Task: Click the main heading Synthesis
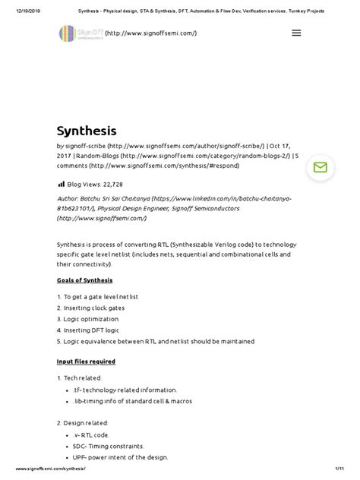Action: tap(87, 131)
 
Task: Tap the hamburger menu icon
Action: tap(296, 33)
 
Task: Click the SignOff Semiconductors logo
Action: tap(80, 33)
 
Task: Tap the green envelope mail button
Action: tap(320, 168)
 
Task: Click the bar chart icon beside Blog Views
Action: tap(61, 184)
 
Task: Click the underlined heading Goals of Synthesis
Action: tap(84, 280)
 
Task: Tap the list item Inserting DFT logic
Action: tap(94, 331)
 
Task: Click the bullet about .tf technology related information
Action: tap(137, 390)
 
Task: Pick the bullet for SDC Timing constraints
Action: tap(123, 446)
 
